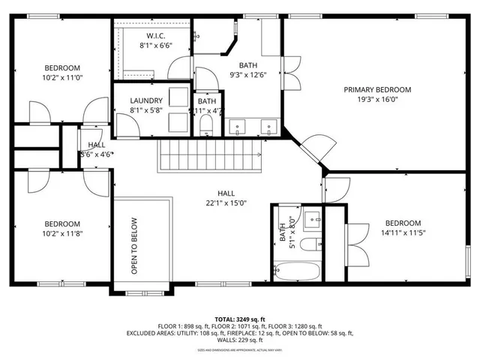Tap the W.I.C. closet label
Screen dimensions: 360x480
click(x=155, y=35)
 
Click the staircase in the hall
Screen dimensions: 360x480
click(x=208, y=157)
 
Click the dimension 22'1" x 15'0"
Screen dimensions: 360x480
click(x=232, y=202)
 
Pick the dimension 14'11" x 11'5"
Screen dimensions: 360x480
click(x=403, y=233)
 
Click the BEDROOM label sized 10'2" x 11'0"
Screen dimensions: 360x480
click(x=61, y=68)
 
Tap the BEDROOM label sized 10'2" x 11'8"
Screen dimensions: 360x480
click(x=61, y=223)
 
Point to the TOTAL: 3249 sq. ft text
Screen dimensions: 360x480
click(x=239, y=319)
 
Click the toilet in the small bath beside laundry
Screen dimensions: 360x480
click(x=208, y=128)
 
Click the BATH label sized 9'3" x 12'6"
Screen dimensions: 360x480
click(x=247, y=65)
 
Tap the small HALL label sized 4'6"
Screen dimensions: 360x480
click(x=97, y=145)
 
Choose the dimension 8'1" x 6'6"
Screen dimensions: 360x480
click(x=155, y=45)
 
